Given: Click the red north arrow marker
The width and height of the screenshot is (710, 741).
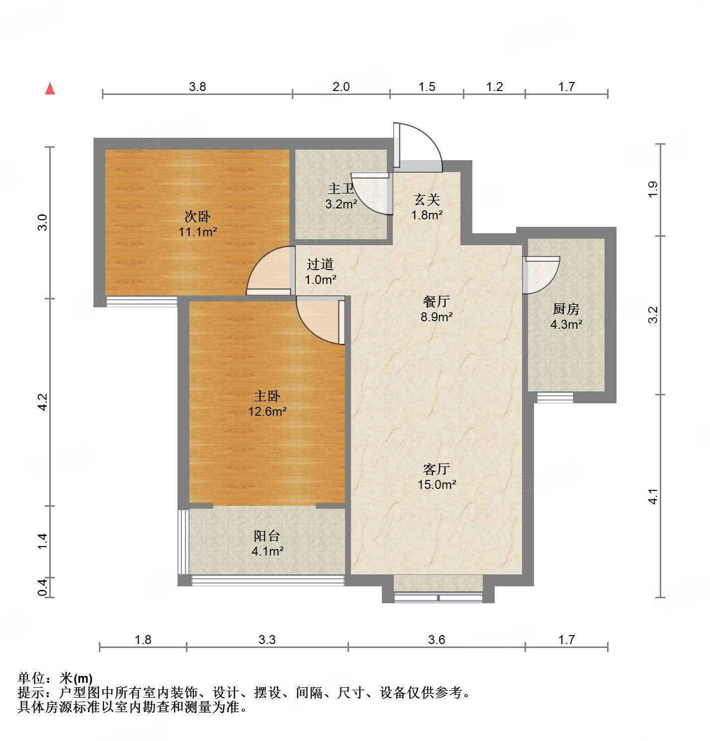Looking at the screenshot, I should pyautogui.click(x=50, y=89).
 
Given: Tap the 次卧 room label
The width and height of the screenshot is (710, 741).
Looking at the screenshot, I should pyautogui.click(x=197, y=216).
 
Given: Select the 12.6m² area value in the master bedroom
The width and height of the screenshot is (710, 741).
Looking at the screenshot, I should pyautogui.click(x=267, y=411).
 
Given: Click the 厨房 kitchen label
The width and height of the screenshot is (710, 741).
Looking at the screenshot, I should pyautogui.click(x=566, y=309).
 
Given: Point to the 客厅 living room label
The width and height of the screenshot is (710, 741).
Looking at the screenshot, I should pyautogui.click(x=437, y=468).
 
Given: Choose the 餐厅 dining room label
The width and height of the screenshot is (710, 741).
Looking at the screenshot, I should pyautogui.click(x=436, y=301).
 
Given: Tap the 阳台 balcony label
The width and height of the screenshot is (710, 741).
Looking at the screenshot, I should pyautogui.click(x=267, y=536).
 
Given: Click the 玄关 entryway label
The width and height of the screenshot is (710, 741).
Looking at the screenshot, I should pyautogui.click(x=427, y=199).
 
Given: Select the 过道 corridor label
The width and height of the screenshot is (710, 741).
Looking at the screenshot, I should pyautogui.click(x=320, y=264).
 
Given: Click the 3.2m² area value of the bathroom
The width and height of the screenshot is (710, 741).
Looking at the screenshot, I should pyautogui.click(x=341, y=204).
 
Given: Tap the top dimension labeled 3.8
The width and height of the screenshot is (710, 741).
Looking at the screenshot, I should pyautogui.click(x=197, y=87).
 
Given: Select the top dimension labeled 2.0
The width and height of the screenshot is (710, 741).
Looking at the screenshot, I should pyautogui.click(x=341, y=87).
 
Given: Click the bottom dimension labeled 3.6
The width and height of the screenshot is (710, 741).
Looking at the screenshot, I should pyautogui.click(x=436, y=640).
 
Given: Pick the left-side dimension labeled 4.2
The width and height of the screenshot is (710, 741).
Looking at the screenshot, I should pyautogui.click(x=43, y=402).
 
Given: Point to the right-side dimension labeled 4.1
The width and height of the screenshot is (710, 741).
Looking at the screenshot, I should pyautogui.click(x=653, y=496).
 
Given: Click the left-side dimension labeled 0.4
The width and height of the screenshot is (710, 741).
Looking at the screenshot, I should pyautogui.click(x=43, y=587).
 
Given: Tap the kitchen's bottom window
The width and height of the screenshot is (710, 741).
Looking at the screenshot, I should pyautogui.click(x=555, y=397).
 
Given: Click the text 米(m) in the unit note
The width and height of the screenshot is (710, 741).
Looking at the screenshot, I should pyautogui.click(x=76, y=678).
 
